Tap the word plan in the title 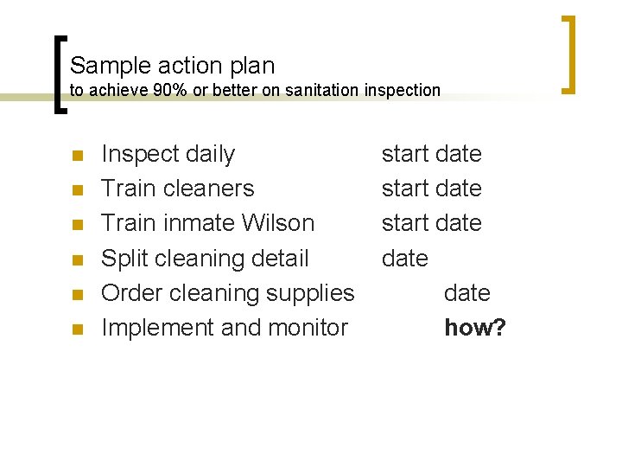[x=251, y=66]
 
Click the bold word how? [x=474, y=328]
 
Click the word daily [x=211, y=155]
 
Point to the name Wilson [x=279, y=223]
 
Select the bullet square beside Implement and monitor [x=77, y=329]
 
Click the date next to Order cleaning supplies [x=466, y=293]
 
